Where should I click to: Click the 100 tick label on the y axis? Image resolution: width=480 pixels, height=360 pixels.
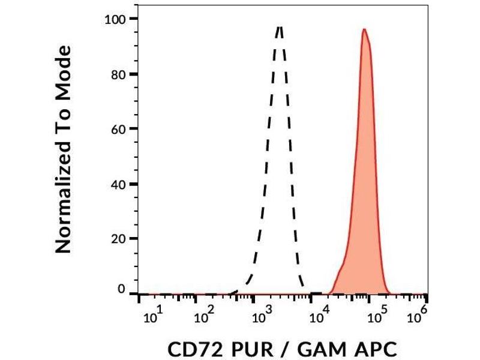[x=113, y=19]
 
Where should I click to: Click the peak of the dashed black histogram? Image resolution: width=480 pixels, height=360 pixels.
[x=280, y=26]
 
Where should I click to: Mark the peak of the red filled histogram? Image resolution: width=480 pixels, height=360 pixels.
[x=364, y=29]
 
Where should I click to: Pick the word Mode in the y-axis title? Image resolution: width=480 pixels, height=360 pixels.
[x=64, y=71]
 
